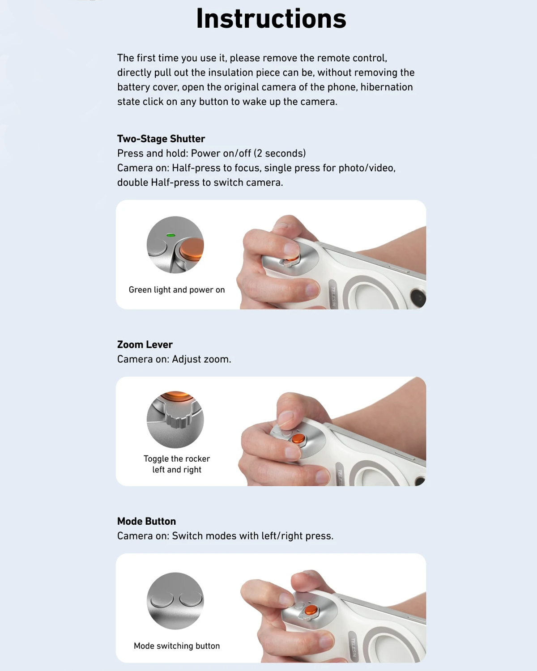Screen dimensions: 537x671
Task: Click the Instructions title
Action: coord(271,19)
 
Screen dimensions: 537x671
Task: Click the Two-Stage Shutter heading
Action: coord(161,139)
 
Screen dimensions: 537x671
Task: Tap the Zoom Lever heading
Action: coord(145,344)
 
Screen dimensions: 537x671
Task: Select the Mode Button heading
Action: coord(146,521)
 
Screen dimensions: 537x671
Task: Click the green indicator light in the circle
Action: coord(170,235)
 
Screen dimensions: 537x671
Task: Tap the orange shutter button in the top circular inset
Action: coord(192,248)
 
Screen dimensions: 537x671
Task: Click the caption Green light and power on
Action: coord(177,290)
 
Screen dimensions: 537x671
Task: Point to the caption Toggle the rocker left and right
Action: coord(177,464)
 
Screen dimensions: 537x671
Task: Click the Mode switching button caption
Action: coord(177,646)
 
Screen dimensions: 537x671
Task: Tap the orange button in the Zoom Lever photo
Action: coord(298,438)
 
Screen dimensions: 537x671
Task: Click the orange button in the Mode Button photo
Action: coord(311,610)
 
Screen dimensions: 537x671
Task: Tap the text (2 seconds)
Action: coord(280,153)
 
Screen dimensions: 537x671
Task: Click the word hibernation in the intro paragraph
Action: coord(387,87)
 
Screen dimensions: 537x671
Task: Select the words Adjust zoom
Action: coord(201,359)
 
